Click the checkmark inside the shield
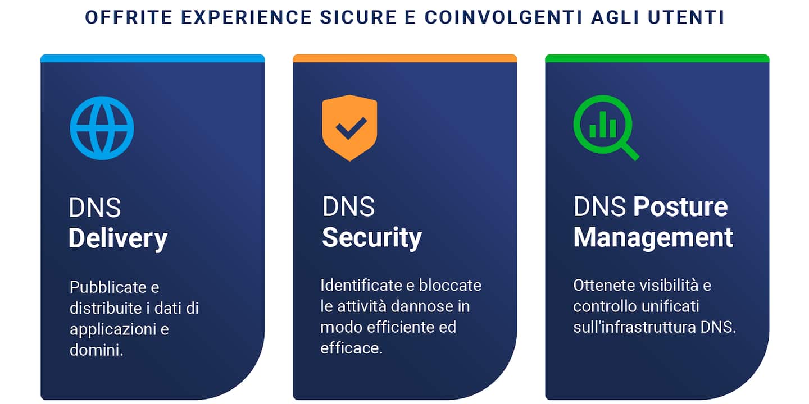pyautogui.click(x=351, y=128)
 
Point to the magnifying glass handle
pyautogui.click(x=630, y=151)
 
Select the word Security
pyautogui.click(x=372, y=238)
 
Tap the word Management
pyautogui.click(x=653, y=237)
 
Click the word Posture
pyautogui.click(x=681, y=206)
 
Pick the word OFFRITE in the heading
pyautogui.click(x=129, y=18)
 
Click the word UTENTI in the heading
pyautogui.click(x=686, y=18)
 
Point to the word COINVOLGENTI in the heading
pyautogui.click(x=503, y=18)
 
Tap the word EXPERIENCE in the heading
pyautogui.click(x=246, y=18)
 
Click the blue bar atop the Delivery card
pyautogui.click(x=152, y=58)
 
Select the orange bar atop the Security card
pyautogui.click(x=405, y=58)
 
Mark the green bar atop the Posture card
pyautogui.click(x=657, y=58)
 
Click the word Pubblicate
pyautogui.click(x=108, y=287)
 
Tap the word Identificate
pyautogui.click(x=361, y=285)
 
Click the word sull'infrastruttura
pyautogui.click(x=635, y=327)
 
